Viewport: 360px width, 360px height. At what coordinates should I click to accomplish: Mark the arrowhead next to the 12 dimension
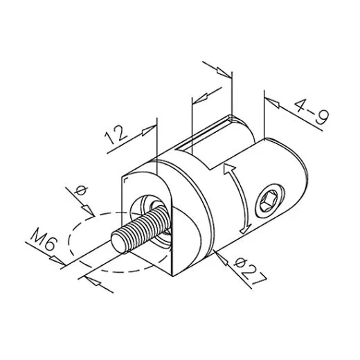(147, 129)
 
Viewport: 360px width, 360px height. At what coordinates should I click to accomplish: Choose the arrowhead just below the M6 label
(55, 260)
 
